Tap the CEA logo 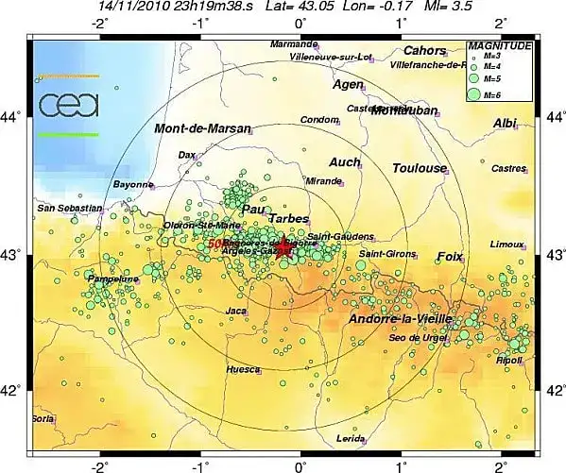click(x=68, y=104)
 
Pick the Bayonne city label click(x=132, y=184)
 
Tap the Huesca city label click(x=243, y=370)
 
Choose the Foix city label click(x=450, y=257)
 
